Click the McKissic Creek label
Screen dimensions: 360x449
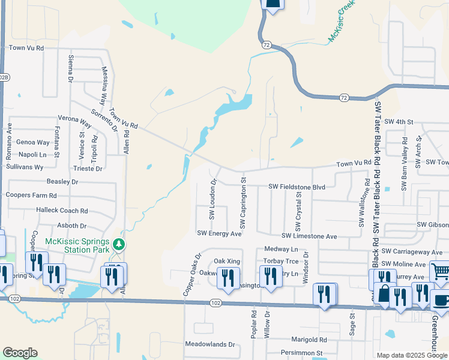[x=341, y=22]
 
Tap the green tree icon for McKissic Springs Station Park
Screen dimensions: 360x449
[x=119, y=244]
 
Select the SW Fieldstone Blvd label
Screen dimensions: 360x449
[x=297, y=187]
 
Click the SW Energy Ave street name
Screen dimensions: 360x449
[x=219, y=233]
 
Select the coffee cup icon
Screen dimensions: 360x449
[x=441, y=300]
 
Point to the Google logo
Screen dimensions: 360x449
[x=20, y=353]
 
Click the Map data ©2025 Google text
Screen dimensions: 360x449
[x=412, y=355]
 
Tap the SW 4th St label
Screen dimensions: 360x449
[x=399, y=122]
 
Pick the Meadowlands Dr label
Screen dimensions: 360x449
[x=210, y=344]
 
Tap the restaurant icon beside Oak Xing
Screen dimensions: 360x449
[x=228, y=277]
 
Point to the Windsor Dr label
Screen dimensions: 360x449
[x=306, y=263]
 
